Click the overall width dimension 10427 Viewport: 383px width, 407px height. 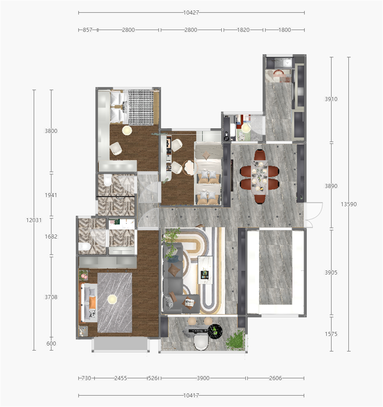(x=191, y=12)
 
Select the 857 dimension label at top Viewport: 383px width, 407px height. (x=88, y=30)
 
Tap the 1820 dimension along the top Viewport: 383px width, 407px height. (x=243, y=30)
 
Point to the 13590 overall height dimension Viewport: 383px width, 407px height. (x=349, y=204)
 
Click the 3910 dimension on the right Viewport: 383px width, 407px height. (x=331, y=99)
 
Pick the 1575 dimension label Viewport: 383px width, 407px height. (x=331, y=334)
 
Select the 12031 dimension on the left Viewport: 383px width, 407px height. (x=34, y=220)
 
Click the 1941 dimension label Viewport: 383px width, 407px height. (x=51, y=195)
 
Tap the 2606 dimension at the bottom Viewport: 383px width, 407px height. (x=275, y=378)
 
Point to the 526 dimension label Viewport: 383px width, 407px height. (x=153, y=378)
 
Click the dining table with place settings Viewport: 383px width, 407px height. (x=260, y=177)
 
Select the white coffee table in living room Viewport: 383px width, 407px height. (x=205, y=270)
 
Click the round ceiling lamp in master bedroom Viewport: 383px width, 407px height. (x=112, y=299)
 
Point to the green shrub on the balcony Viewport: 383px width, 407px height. (x=235, y=340)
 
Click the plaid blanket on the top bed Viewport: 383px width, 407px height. (x=141, y=107)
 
